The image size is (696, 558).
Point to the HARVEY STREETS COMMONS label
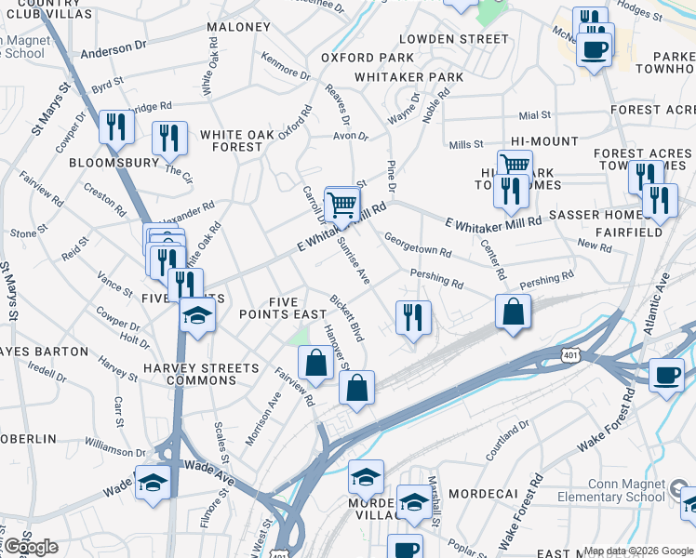click(202, 375)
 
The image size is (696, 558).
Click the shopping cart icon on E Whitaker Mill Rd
click(341, 204)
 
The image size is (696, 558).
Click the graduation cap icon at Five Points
click(197, 316)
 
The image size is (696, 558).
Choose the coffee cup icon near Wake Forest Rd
click(665, 375)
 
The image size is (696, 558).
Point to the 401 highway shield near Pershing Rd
click(569, 356)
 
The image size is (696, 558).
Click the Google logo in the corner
click(30, 547)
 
